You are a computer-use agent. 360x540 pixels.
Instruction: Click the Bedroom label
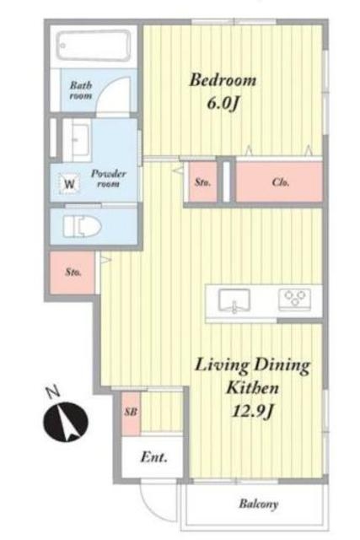tap(223, 80)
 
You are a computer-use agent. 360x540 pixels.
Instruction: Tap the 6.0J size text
tap(223, 103)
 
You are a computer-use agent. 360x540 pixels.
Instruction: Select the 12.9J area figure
tap(253, 411)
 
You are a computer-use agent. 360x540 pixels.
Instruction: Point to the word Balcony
tap(259, 505)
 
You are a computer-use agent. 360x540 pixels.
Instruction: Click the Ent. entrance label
tap(153, 457)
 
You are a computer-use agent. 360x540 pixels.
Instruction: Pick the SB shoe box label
tap(132, 412)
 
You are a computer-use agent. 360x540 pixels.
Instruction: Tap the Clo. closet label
tap(281, 182)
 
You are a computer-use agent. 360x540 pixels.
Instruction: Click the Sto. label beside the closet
tap(202, 182)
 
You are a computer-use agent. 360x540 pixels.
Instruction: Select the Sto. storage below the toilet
tap(73, 273)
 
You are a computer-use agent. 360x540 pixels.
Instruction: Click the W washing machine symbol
tap(69, 184)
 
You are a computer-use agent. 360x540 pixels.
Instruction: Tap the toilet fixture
tap(83, 227)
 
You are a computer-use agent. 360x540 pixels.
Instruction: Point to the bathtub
tap(94, 46)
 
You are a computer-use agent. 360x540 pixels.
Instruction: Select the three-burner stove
tap(294, 299)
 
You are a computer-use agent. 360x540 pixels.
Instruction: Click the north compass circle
tap(66, 422)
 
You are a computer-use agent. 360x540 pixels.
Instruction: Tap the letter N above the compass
tap(53, 392)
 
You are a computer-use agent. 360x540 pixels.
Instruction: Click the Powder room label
tap(108, 178)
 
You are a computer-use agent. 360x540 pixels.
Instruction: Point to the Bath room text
tap(81, 90)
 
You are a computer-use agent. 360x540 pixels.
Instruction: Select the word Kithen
tap(252, 388)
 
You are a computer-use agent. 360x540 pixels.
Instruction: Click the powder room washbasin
tap(80, 139)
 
